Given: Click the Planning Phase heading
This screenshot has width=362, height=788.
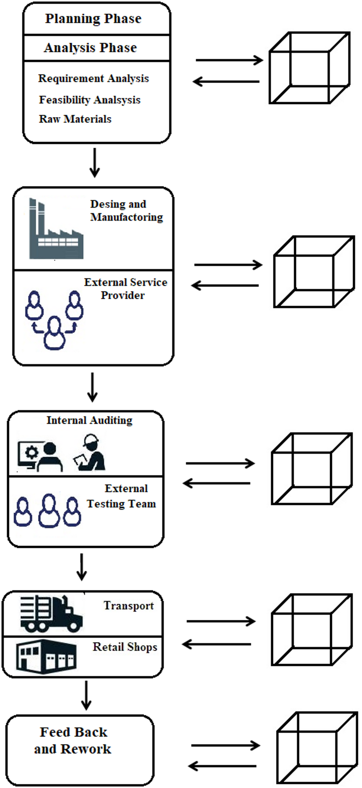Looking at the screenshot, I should pyautogui.click(x=93, y=18).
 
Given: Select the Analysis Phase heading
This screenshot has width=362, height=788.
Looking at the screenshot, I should pyautogui.click(x=90, y=48).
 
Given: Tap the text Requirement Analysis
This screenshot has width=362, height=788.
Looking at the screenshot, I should pyautogui.click(x=93, y=78).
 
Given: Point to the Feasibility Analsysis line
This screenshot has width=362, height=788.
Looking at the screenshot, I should pyautogui.click(x=90, y=100).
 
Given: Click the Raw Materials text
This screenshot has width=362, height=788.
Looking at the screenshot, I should pyautogui.click(x=75, y=119).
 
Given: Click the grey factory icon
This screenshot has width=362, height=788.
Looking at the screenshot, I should pyautogui.click(x=56, y=230).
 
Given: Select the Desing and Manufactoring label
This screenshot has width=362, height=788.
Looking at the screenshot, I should pyautogui.click(x=127, y=210).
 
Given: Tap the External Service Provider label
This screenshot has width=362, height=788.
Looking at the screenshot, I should pyautogui.click(x=125, y=288).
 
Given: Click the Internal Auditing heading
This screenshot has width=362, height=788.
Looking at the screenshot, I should pyautogui.click(x=89, y=420).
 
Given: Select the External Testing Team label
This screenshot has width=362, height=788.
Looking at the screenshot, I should pyautogui.click(x=122, y=496).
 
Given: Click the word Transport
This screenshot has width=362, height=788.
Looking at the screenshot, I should pyautogui.click(x=129, y=606).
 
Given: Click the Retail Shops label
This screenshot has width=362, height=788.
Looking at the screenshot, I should pyautogui.click(x=125, y=647).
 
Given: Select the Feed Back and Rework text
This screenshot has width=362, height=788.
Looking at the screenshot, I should pyautogui.click(x=73, y=740).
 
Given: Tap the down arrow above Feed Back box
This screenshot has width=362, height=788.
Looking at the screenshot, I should pyautogui.click(x=86, y=695).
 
